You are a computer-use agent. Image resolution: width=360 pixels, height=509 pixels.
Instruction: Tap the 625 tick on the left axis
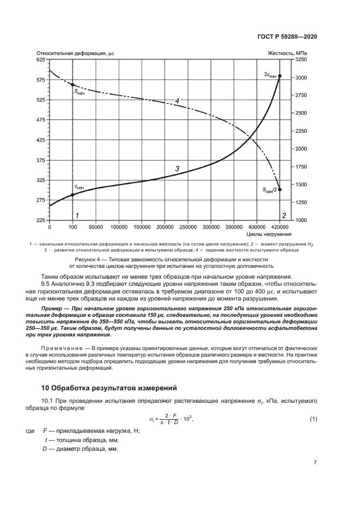(x=40, y=59)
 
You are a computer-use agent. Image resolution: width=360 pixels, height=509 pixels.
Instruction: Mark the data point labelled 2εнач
(x=279, y=76)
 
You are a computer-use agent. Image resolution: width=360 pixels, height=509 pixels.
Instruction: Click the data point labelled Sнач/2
(x=279, y=190)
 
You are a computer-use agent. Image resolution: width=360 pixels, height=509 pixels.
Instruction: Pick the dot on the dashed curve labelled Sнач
(x=72, y=85)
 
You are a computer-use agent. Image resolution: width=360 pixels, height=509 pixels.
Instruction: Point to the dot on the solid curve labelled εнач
(x=72, y=194)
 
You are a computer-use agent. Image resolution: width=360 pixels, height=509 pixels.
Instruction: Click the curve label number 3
(x=177, y=169)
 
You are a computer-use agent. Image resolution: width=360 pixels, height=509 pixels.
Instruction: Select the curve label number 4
(x=177, y=101)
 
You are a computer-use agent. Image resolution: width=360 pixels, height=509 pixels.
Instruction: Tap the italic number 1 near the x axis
(x=77, y=215)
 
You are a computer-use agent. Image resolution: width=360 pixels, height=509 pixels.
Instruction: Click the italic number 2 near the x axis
(x=284, y=215)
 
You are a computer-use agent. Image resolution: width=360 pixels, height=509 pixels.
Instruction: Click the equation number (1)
(x=313, y=418)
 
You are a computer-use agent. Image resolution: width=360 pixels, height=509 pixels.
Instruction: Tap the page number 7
(x=315, y=463)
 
